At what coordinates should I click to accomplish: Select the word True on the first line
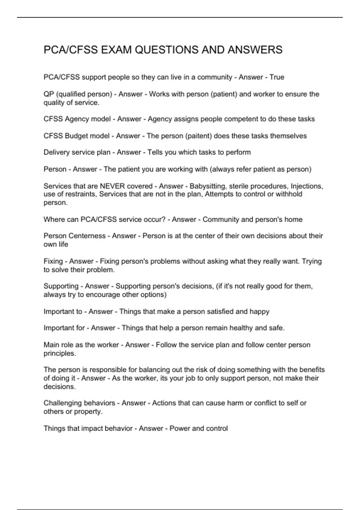[x=277, y=77]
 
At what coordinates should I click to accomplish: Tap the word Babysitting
[x=208, y=186]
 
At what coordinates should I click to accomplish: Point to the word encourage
[x=103, y=295]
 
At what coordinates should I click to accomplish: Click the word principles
[x=60, y=353]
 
